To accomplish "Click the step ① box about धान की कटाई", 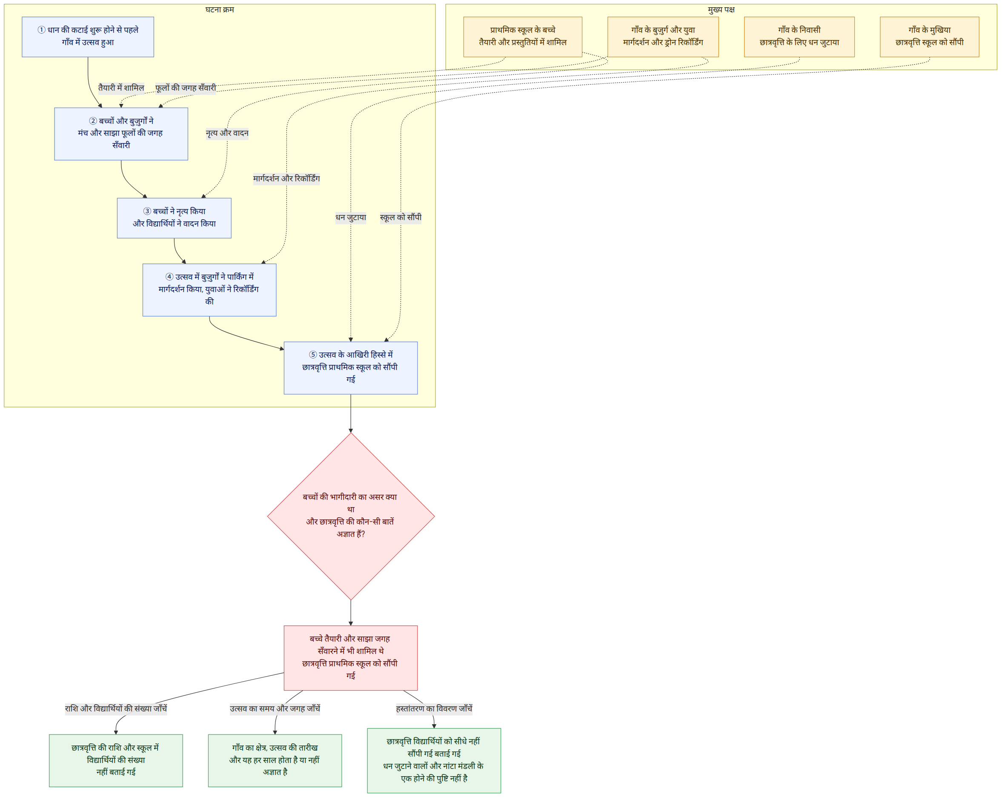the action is [88, 37].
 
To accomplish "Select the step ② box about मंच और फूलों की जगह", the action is [121, 134].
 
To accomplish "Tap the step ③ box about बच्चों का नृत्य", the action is [174, 218].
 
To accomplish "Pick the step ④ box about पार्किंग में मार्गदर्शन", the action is [209, 290].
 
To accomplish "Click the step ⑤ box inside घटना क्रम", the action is [351, 368].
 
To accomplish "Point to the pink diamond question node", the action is [351, 516].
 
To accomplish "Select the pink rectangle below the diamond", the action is [351, 658].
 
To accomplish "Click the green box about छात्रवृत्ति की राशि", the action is [116, 760].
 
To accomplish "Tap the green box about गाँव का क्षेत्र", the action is [275, 760].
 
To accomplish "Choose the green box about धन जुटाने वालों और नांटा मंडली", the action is [434, 760].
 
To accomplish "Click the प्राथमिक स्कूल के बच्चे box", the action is [523, 37].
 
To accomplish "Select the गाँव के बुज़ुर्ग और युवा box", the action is [663, 37].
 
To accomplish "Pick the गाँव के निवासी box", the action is [799, 37].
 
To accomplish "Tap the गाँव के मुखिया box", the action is [929, 37].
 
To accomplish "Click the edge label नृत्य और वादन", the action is [227, 133].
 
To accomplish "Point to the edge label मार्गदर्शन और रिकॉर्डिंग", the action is [286, 179].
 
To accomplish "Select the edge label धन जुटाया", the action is [351, 218].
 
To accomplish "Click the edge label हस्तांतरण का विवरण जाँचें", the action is [434, 708].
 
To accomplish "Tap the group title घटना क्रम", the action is [220, 9].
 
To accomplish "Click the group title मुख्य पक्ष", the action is [721, 9].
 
